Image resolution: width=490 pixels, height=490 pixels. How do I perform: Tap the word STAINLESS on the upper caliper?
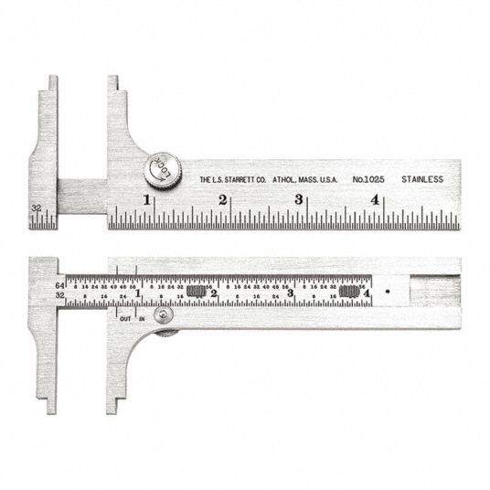tap(421, 179)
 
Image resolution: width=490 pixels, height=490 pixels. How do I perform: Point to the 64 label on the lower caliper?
tap(59, 285)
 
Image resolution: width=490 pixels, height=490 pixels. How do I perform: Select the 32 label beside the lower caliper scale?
tap(59, 296)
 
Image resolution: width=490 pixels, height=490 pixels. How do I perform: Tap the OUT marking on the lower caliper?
tap(125, 317)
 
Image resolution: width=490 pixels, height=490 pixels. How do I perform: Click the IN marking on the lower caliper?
tap(142, 317)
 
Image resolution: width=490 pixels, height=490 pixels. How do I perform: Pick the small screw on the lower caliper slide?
tap(163, 315)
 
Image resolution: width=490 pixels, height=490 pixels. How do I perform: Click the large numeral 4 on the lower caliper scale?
tap(366, 294)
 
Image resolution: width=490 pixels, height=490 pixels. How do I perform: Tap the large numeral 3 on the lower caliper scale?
tap(291, 294)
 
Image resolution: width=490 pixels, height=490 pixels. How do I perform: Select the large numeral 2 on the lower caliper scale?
tap(214, 294)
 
